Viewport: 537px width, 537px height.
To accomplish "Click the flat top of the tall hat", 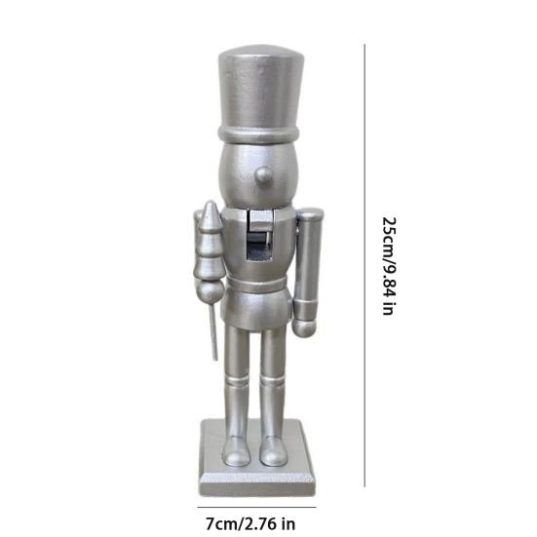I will click(257, 54).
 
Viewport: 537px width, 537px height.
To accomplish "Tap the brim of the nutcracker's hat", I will click(257, 131).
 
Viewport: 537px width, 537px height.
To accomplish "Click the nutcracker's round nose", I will click(262, 176).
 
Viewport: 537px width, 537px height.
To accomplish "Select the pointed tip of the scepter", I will click(211, 207).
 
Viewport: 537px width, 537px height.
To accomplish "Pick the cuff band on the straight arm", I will click(309, 313).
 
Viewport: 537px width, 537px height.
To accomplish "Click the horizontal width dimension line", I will click(257, 505).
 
